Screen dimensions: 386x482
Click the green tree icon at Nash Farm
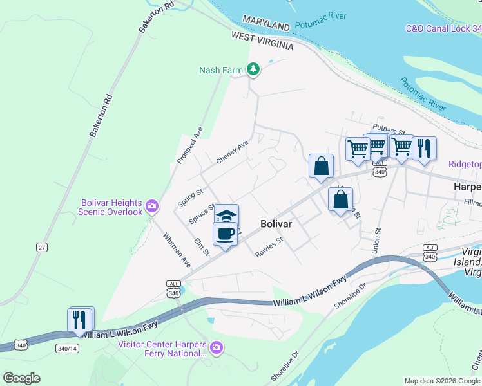254,69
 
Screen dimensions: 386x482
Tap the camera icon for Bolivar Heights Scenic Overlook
152,206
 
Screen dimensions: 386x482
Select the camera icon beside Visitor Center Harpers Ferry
216,347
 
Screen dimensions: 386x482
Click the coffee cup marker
225,234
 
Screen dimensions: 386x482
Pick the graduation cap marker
226,216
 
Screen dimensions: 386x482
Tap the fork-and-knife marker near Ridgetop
424,149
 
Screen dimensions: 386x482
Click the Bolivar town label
277,224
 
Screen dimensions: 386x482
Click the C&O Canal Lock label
443,29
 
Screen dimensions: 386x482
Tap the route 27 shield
43,247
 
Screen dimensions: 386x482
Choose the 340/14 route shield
68,348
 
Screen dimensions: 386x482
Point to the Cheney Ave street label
232,152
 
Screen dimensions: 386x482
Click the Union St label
377,239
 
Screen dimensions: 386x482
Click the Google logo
21,378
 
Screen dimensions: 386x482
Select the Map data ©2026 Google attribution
441,381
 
